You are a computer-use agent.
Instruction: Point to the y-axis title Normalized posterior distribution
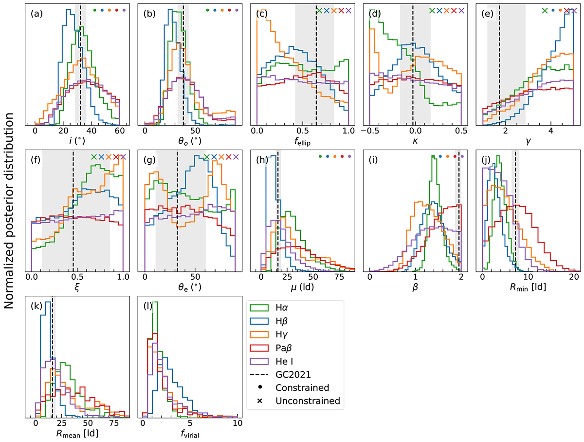tap(10, 221)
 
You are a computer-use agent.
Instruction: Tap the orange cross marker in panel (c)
tap(333, 10)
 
